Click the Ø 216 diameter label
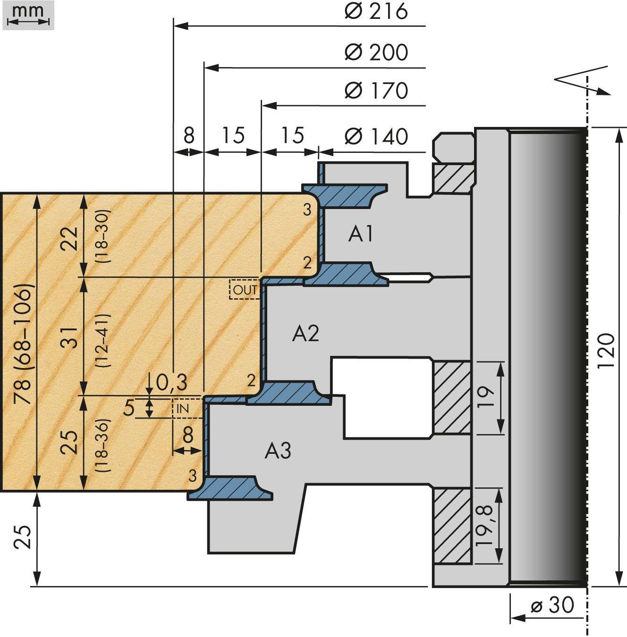tap(376, 12)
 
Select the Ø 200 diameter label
tap(376, 52)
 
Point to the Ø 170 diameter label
tap(376, 91)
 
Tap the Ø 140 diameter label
tap(376, 136)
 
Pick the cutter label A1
tap(361, 234)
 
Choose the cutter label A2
tap(305, 334)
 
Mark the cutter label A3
tap(278, 451)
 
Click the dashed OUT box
tap(245, 289)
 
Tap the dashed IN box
tap(186, 409)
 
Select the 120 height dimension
tap(607, 351)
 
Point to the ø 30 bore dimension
tap(552, 604)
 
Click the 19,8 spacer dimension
tap(484, 525)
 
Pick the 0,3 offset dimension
tap(171, 382)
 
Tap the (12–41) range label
tap(102, 340)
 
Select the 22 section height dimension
tap(69, 239)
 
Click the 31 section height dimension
tap(69, 337)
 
